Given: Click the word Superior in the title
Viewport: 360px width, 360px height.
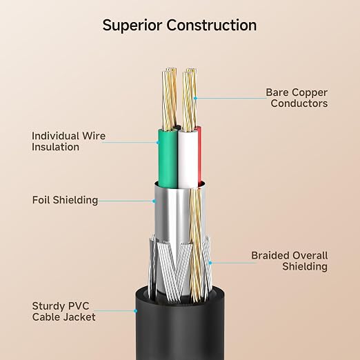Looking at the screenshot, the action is point(132,26).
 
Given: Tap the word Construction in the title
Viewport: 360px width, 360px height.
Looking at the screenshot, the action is point(211,25).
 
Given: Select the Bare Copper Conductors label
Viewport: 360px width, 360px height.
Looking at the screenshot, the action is point(297,98).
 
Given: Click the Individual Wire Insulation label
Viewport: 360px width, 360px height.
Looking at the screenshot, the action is point(68,141).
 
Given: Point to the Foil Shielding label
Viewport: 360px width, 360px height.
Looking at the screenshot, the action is point(65,200).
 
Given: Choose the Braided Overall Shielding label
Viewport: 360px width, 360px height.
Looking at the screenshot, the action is point(290,261).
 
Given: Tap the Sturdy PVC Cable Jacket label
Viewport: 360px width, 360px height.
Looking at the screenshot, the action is point(63,312).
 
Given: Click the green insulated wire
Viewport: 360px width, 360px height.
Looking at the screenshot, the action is point(168,159).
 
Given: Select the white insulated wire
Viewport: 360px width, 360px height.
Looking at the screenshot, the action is point(188,159).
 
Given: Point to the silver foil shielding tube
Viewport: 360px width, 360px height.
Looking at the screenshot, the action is point(172,214).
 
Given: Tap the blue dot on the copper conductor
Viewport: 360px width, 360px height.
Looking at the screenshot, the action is point(195,98).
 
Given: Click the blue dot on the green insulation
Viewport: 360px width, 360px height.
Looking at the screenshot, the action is point(158,143).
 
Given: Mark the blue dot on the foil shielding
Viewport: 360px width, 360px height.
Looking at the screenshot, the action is point(154,201).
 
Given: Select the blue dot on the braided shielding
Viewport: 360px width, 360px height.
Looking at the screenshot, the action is point(210,263).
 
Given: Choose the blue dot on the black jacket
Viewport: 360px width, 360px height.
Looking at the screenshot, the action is point(136,311).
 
